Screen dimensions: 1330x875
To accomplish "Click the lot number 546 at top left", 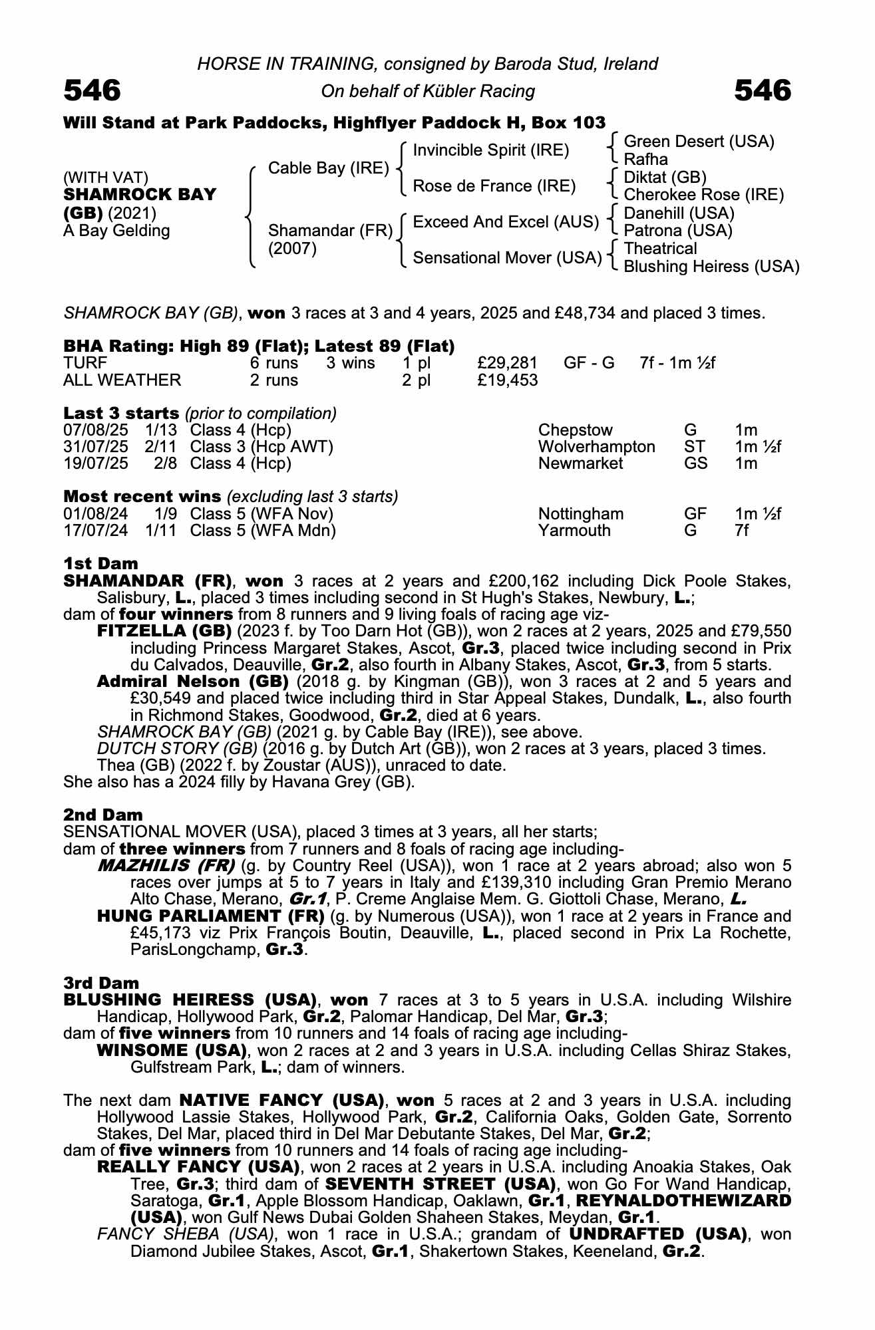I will (x=92, y=90).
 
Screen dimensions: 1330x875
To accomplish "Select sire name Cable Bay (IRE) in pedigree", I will (x=328, y=168).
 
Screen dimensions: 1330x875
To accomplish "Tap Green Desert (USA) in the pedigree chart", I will (x=699, y=142).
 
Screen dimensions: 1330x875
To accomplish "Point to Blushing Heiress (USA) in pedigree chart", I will (x=711, y=267).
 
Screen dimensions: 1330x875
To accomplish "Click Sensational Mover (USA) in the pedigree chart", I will (x=507, y=257).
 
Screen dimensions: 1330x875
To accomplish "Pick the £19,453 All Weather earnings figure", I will (x=507, y=380).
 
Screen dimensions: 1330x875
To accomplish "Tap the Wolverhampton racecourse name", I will (x=596, y=447).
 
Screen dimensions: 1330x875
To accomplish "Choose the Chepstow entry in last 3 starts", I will (x=575, y=430).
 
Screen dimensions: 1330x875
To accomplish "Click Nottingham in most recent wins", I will (x=580, y=514).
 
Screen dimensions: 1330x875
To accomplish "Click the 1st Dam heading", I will (x=100, y=564).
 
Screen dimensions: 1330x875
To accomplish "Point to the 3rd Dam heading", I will (x=101, y=983).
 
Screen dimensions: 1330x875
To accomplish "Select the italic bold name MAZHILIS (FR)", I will (x=166, y=866).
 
